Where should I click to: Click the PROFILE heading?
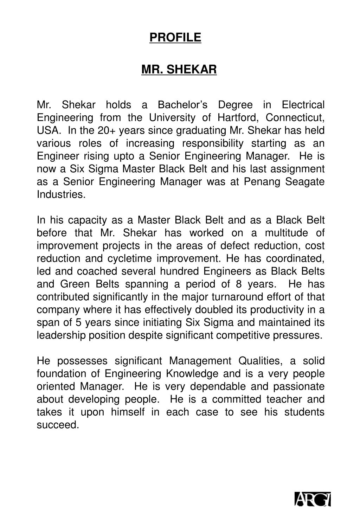click(x=175, y=37)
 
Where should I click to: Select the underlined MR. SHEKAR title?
click(x=179, y=70)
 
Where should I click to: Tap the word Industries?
click(x=61, y=194)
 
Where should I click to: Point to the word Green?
click(x=75, y=284)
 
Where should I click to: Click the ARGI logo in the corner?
click(x=313, y=499)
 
